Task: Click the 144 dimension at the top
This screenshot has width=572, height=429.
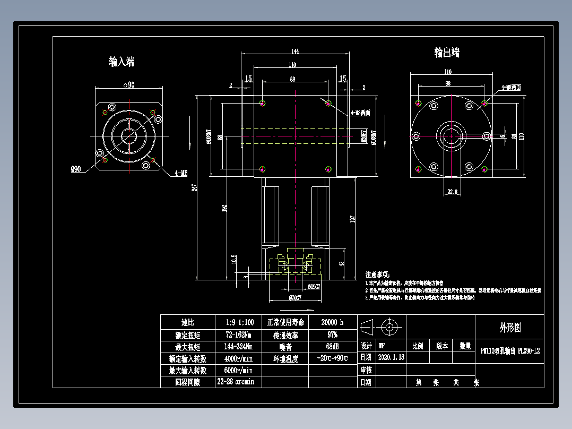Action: tap(295, 51)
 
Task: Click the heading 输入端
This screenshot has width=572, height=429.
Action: tap(122, 62)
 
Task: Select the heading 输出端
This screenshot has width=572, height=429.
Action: tap(447, 53)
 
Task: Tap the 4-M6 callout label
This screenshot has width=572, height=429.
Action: tap(181, 173)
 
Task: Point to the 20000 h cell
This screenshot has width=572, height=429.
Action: tap(332, 322)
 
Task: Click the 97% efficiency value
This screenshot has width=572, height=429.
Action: tap(332, 335)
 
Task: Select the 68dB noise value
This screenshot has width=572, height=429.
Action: tap(332, 347)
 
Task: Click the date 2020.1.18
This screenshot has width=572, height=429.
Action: tap(391, 357)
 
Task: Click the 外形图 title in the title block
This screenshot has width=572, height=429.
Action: tap(510, 328)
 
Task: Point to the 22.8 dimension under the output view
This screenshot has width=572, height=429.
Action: tap(452, 192)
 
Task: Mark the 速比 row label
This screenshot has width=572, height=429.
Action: tap(188, 322)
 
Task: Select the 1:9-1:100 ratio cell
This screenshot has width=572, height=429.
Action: tap(239, 322)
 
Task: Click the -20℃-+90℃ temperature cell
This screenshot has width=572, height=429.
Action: tap(332, 358)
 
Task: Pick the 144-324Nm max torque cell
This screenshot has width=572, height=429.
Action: tap(238, 347)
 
